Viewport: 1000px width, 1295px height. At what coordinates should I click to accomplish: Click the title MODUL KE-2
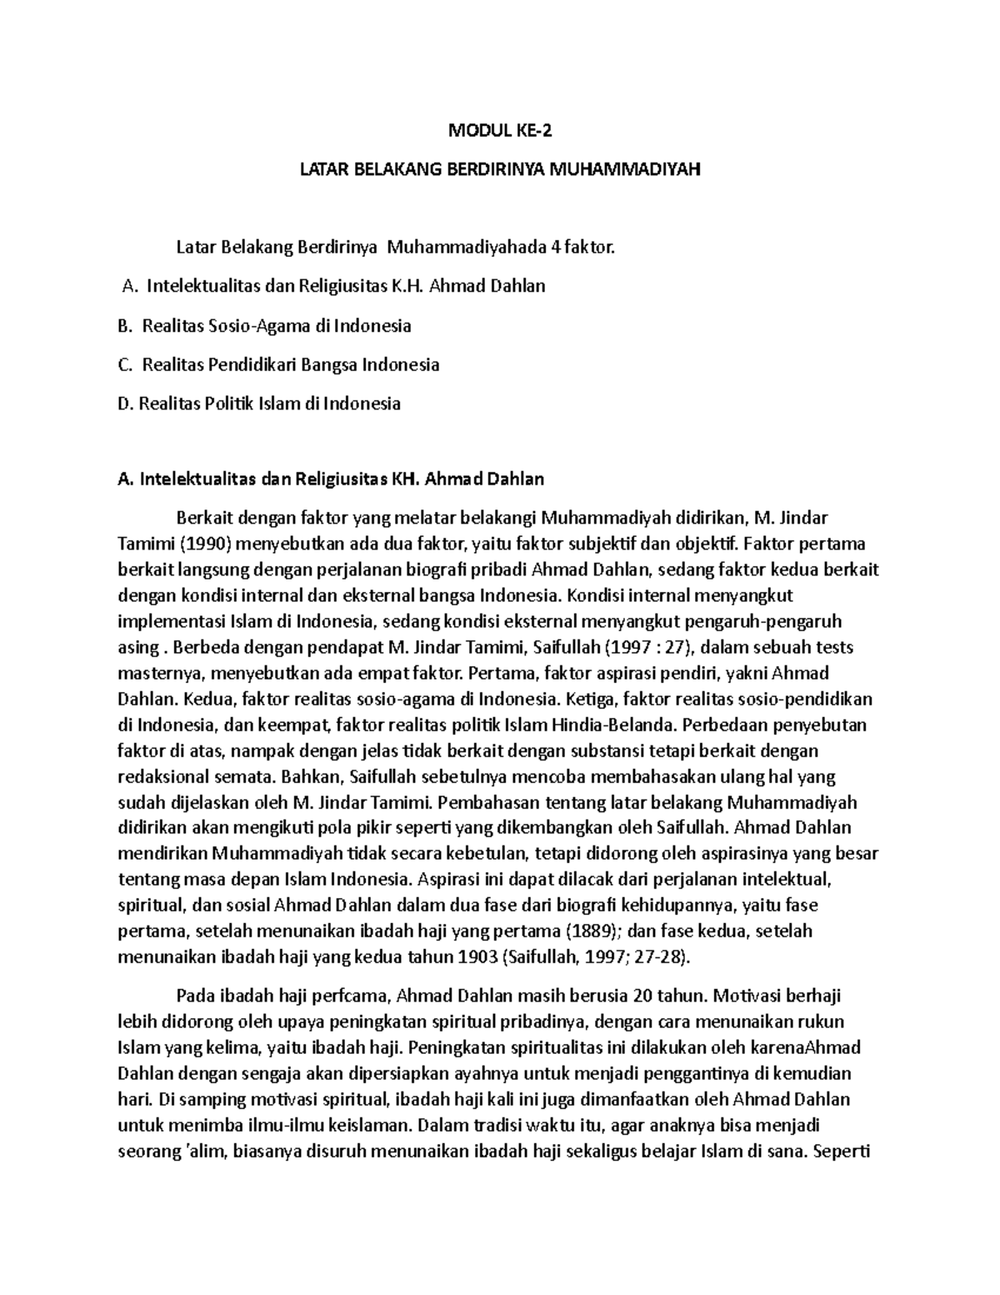coord(500,131)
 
